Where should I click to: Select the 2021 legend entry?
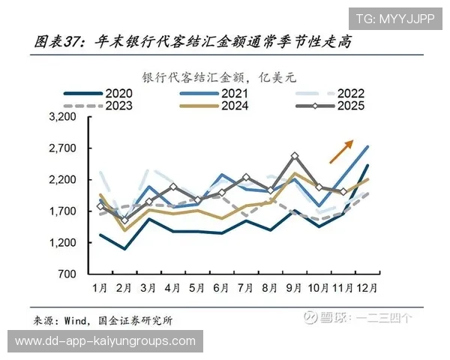point(224,94)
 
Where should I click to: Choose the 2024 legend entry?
point(224,106)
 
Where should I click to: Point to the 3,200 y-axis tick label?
point(62,118)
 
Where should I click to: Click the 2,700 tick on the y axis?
point(62,148)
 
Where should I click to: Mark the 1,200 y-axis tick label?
point(62,243)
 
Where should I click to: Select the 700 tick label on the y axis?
point(67,274)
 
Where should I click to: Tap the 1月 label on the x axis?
point(100,288)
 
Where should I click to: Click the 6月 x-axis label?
point(221,288)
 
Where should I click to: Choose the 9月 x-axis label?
point(294,288)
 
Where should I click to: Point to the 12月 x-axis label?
point(367,288)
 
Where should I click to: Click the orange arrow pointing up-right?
point(341,151)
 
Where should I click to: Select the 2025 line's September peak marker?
point(295,156)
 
